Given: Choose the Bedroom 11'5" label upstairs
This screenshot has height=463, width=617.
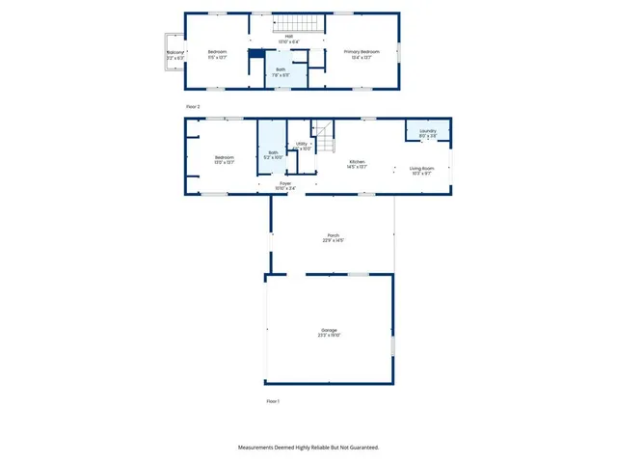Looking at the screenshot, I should (217, 51).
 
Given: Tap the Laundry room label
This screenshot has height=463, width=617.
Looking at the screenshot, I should (428, 131).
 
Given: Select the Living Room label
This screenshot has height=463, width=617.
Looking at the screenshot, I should (422, 168).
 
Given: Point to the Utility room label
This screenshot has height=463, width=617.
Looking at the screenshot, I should (302, 143).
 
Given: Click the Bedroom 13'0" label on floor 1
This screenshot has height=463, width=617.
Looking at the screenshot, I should (224, 157).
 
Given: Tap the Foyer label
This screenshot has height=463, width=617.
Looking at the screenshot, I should (285, 182).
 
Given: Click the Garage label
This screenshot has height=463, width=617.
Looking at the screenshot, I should (330, 330).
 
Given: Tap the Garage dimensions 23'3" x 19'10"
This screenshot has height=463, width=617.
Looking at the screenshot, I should (330, 336).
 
